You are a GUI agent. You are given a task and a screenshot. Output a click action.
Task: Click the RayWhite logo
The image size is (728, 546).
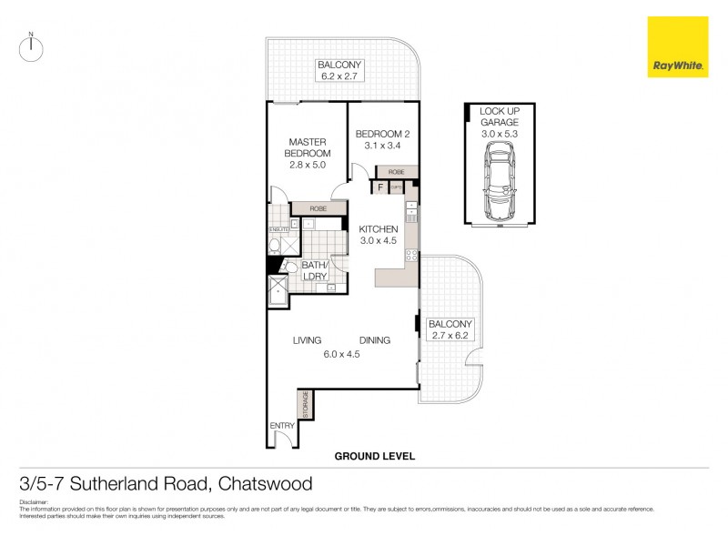pyautogui.click(x=677, y=46)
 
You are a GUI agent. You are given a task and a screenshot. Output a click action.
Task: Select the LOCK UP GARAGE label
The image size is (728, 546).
pyautogui.click(x=499, y=116)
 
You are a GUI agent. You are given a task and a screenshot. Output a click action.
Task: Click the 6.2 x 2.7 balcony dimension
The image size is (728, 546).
pyautogui.click(x=339, y=76)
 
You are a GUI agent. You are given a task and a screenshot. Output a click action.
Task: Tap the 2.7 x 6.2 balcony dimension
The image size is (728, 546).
pyautogui.click(x=449, y=337)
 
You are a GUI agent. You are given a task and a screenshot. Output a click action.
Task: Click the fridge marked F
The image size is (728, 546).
pyautogui.click(x=380, y=188)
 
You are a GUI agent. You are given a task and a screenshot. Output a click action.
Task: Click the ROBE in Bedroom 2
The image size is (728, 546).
pyautogui.click(x=396, y=171)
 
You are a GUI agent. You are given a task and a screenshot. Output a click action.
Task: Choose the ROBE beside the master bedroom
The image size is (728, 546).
pyautogui.click(x=318, y=208)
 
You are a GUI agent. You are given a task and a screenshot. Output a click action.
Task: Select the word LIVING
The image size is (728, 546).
pyautogui.click(x=307, y=340)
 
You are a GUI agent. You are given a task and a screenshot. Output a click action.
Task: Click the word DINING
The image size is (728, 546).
pyautogui.click(x=374, y=340)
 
